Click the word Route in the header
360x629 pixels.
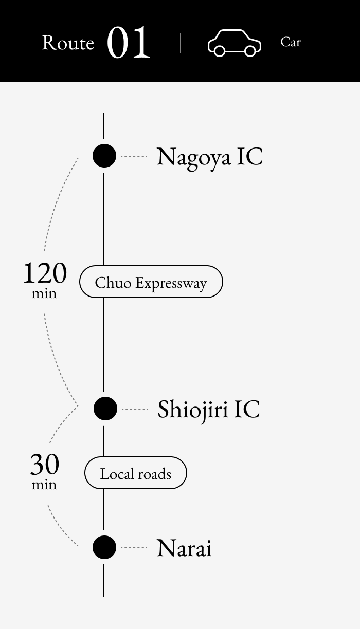68,43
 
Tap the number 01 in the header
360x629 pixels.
129,43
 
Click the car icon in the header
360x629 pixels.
235,43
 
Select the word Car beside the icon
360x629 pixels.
291,42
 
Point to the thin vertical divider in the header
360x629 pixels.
181,43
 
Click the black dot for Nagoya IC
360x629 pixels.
104,156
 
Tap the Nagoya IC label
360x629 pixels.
209,156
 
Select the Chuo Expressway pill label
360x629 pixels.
151,282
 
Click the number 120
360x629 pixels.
45,273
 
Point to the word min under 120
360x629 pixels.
44,294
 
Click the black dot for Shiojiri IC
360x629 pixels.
105,409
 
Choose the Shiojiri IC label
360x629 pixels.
208,409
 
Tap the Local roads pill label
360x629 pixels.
135,473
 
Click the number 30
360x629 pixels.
45,465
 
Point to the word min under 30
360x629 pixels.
44,485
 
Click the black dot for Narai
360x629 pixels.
104,547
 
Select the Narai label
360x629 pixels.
184,548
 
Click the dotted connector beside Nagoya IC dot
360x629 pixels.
134,156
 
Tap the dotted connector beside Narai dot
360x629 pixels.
134,548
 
